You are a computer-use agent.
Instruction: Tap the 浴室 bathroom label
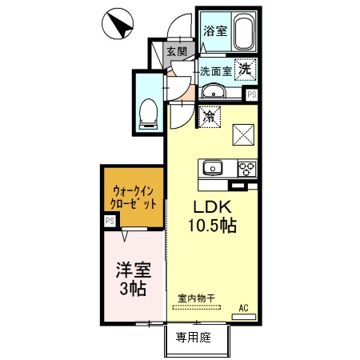point(214,32)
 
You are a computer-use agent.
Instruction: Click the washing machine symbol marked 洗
point(246,70)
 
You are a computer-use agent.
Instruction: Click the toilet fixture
point(148,111)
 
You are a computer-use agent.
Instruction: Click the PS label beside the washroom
point(252,94)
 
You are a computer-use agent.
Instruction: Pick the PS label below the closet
point(110,222)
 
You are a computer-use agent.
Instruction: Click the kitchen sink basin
point(214,168)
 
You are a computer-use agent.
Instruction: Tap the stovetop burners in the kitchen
point(246,168)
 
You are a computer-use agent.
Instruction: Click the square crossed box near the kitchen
point(242,134)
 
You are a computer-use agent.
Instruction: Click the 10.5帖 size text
point(211,226)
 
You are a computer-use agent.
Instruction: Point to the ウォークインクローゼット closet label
point(134,197)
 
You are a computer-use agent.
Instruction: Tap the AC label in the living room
point(243,306)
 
